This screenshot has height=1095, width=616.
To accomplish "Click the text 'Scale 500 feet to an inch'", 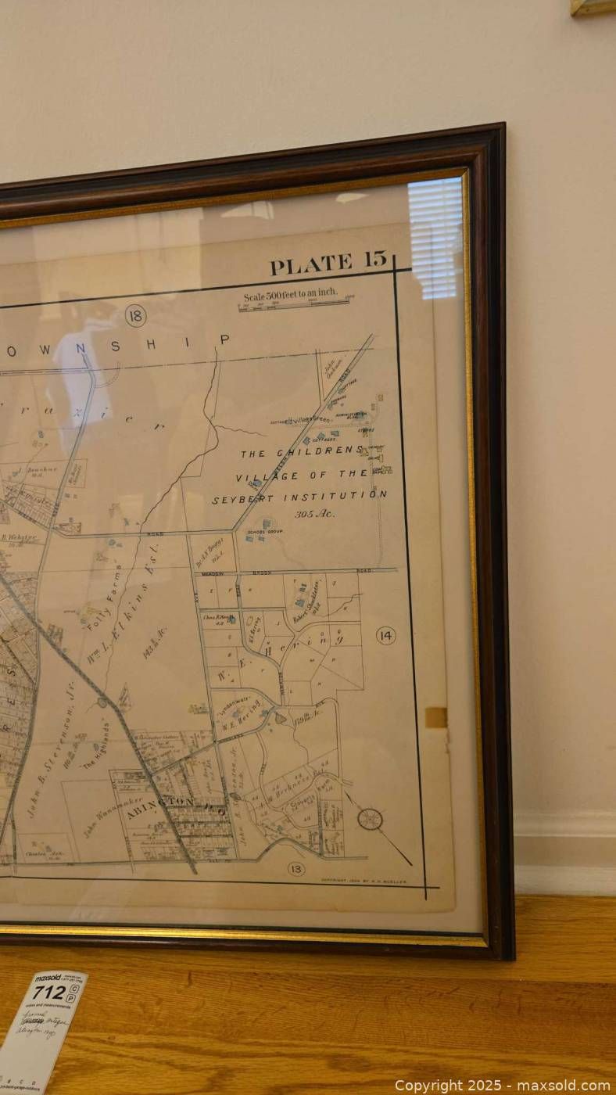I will tap(290, 294).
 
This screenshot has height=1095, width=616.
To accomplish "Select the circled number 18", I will tap(135, 315).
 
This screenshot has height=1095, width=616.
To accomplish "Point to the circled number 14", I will tap(385, 635).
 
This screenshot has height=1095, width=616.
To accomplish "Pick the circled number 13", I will tap(295, 868).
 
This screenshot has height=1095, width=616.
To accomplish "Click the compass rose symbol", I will tap(370, 819).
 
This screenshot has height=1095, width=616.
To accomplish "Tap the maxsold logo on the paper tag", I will tap(48, 978).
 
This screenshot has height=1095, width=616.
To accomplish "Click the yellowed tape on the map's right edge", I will tap(436, 716).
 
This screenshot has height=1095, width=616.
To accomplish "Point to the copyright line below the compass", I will tap(364, 880).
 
